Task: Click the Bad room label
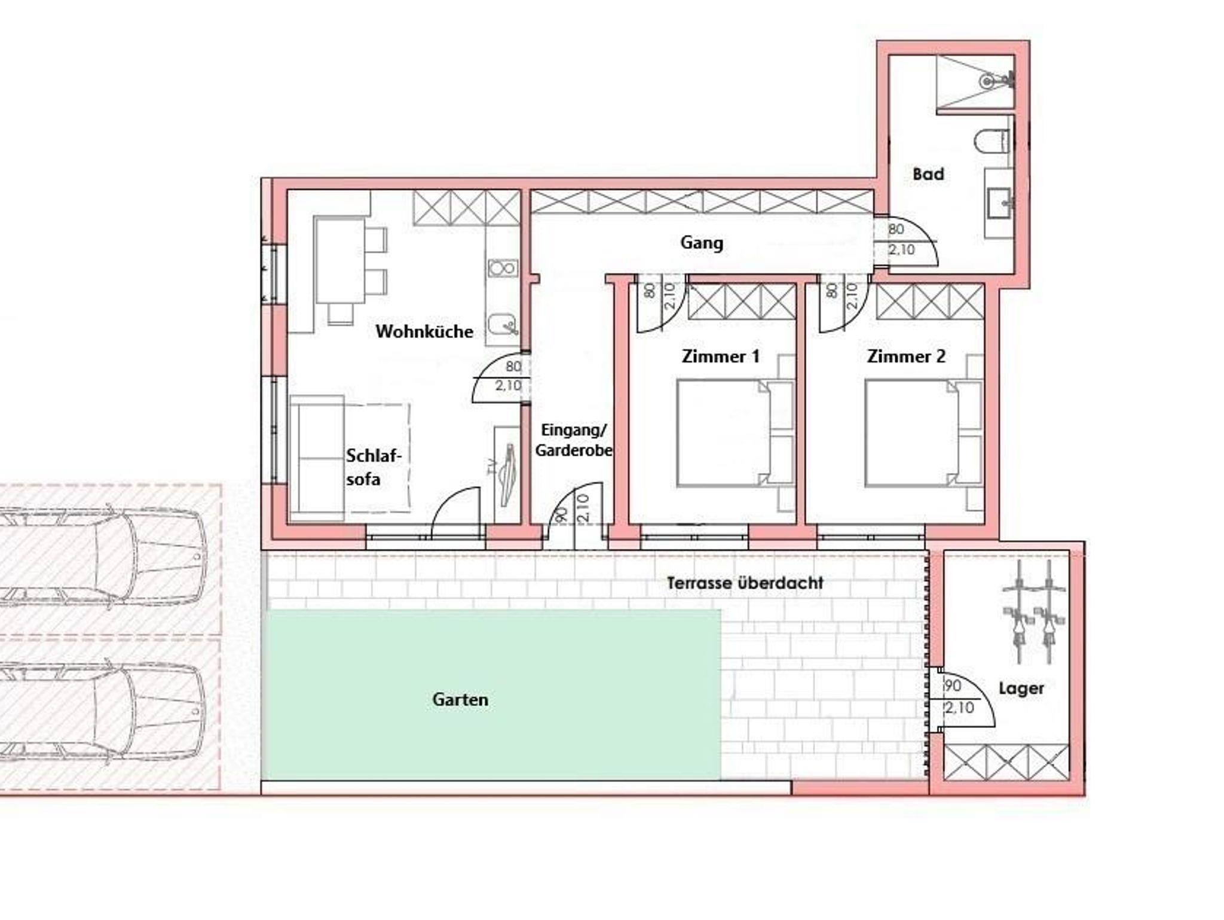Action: point(928,174)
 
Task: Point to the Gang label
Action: point(702,243)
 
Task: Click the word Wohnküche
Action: point(424,331)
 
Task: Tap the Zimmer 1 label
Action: point(721,357)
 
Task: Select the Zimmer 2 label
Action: point(906,357)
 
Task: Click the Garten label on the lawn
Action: point(460,699)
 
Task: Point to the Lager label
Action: point(1021,689)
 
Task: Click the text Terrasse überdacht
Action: point(745,583)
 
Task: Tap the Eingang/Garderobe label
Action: point(574,440)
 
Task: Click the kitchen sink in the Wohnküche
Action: point(502,325)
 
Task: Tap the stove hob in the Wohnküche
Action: point(503,268)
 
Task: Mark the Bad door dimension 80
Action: point(896,229)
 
